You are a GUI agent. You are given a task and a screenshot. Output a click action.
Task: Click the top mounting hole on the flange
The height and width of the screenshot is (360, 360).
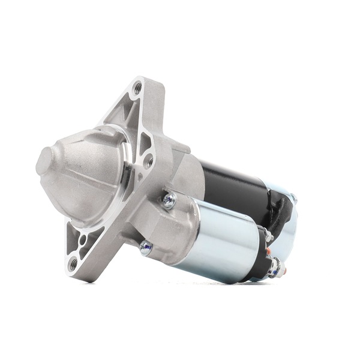138,88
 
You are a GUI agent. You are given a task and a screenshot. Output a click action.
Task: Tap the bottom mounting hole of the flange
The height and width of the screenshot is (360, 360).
73,263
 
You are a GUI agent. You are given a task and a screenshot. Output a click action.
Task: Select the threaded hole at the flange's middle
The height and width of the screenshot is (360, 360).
148,161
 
